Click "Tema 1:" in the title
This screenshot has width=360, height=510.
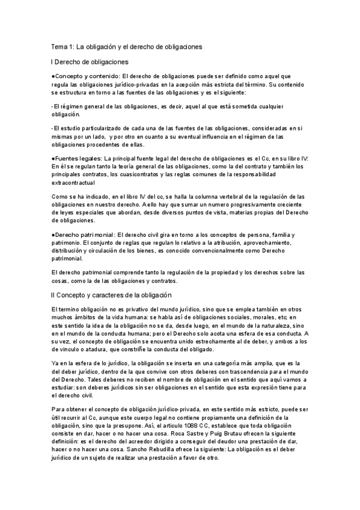click(x=62, y=46)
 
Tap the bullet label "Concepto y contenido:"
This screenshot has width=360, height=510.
click(x=86, y=76)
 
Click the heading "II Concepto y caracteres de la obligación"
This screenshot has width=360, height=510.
click(x=112, y=295)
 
